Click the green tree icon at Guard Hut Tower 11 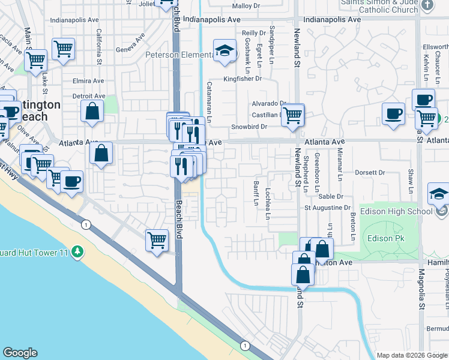click(77, 251)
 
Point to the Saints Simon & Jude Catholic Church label click(379, 6)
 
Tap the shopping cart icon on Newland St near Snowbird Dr click(293, 114)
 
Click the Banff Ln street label click(255, 194)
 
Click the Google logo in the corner click(20, 353)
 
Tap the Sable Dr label click(331, 196)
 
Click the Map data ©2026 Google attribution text click(412, 355)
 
